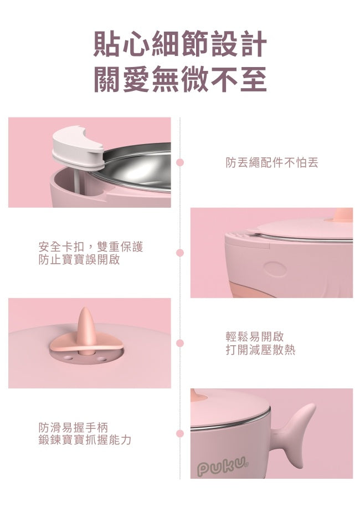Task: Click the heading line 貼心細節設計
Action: pos(180,44)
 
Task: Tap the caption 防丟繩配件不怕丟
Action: pos(272,163)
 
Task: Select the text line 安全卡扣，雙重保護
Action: pos(90,247)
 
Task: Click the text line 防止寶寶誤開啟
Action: pos(79,259)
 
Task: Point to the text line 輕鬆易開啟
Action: pos(255,336)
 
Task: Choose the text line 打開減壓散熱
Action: pos(260,350)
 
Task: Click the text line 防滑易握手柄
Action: pos(73,427)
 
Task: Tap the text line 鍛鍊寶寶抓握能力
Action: pos(85,440)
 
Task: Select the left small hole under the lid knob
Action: pos(68,357)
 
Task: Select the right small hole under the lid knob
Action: pos(101,359)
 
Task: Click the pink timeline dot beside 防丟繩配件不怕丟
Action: pos(180,162)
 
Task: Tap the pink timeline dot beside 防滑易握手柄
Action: pos(180,433)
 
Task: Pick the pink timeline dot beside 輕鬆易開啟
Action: pos(180,343)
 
